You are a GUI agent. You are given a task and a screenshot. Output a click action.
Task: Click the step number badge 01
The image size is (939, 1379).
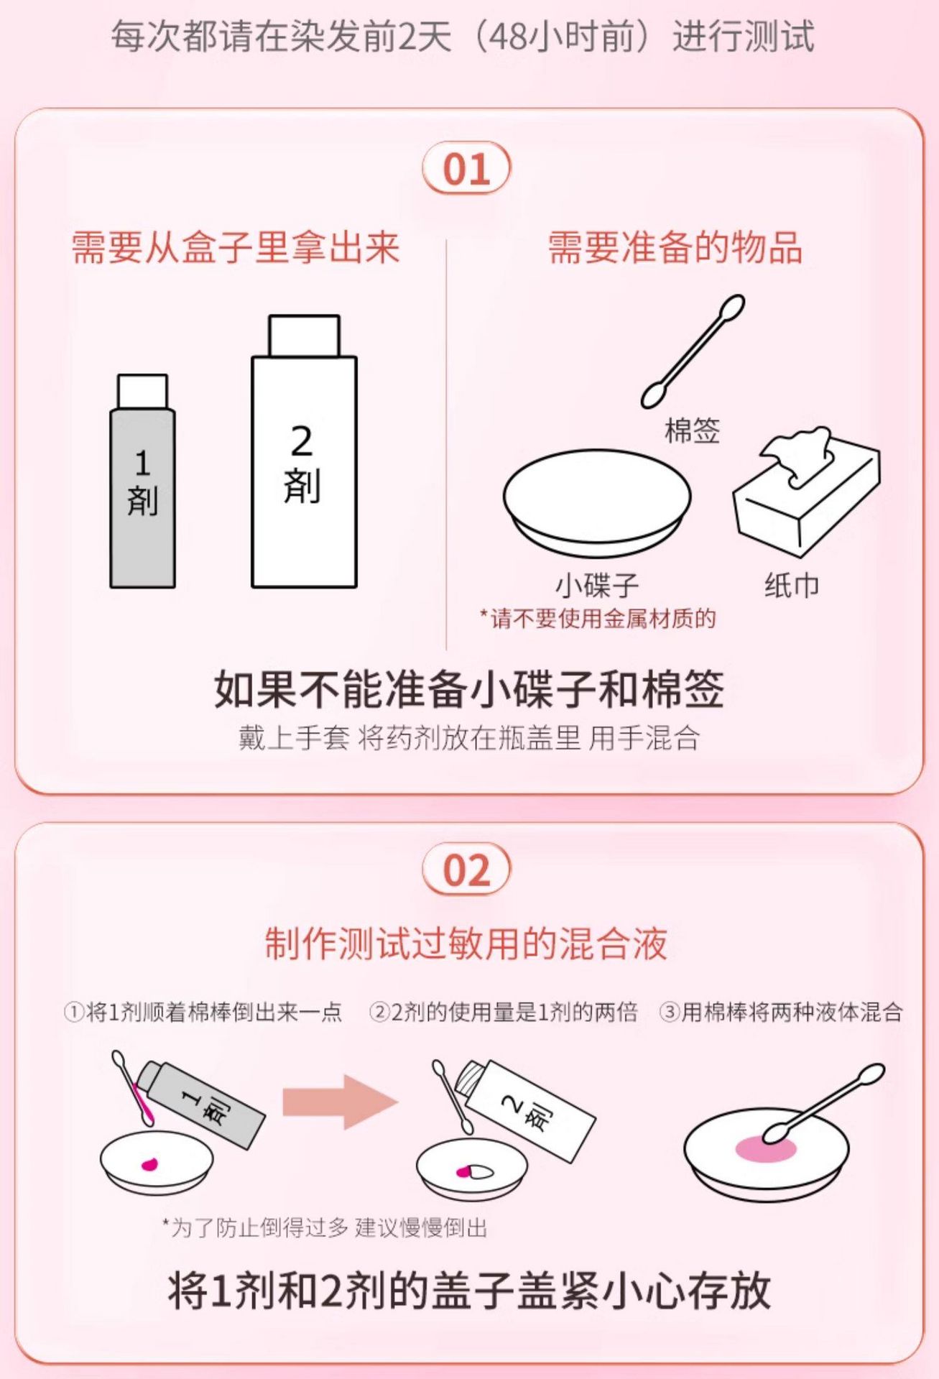[x=466, y=169]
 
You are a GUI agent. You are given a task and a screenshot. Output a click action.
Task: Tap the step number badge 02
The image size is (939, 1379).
[x=466, y=870]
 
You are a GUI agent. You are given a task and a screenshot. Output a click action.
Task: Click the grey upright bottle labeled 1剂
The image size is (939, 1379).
[x=142, y=481]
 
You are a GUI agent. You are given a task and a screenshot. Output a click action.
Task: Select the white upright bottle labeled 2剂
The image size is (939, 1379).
[x=304, y=451]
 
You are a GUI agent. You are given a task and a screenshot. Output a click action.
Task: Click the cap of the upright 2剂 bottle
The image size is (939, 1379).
[x=304, y=336]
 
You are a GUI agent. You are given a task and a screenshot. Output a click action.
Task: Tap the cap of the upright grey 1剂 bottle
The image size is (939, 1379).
[x=142, y=392]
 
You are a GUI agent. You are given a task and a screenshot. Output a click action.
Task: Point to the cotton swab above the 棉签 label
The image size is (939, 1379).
[x=693, y=352]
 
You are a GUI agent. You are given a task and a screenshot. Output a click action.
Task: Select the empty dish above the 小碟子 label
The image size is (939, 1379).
[x=597, y=504]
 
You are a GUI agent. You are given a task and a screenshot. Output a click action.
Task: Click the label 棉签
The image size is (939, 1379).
[x=693, y=431]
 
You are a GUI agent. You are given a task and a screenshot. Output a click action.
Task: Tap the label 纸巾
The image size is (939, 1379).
[x=792, y=586]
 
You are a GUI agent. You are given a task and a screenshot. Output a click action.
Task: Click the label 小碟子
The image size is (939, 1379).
[x=597, y=586]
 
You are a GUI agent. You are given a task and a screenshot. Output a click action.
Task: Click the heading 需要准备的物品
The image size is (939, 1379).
[x=675, y=247]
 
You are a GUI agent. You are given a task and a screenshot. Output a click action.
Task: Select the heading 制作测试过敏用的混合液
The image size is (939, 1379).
[x=466, y=944]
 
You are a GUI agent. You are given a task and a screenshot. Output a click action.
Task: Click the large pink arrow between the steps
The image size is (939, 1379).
[x=339, y=1102]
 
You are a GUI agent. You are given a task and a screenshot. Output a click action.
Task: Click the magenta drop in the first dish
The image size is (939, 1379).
[x=150, y=1164]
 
